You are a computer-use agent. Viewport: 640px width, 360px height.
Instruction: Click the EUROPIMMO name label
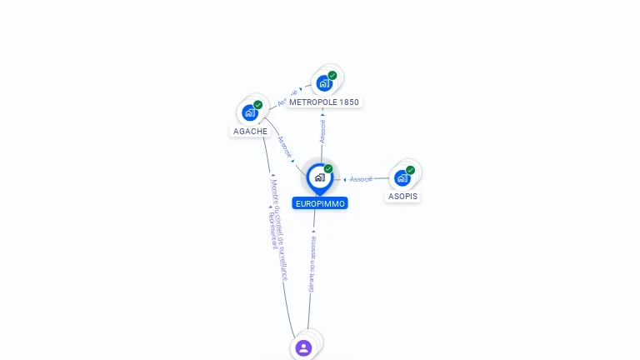[x=320, y=203]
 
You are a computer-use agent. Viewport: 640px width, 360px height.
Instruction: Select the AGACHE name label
[x=250, y=132]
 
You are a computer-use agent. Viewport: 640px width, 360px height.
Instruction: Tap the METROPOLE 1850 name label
[x=324, y=102]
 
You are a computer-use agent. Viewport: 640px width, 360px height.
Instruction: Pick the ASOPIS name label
[x=402, y=197]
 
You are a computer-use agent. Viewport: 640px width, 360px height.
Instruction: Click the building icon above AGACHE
[x=249, y=112]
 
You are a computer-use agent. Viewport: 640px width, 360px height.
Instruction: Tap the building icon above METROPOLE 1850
[x=323, y=82]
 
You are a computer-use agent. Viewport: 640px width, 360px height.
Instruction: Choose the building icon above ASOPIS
[x=402, y=177]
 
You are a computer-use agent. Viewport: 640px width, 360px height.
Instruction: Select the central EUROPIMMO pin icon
[x=319, y=177]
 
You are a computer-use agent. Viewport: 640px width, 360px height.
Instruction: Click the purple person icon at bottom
[x=303, y=347]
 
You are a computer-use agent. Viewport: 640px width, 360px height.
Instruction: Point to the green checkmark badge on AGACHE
[x=258, y=105]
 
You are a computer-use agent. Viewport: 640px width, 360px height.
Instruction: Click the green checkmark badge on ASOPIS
[x=410, y=170]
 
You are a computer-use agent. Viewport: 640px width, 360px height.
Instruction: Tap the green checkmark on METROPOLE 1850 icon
[x=332, y=76]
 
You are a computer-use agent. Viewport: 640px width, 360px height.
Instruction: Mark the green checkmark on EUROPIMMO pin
[x=328, y=169]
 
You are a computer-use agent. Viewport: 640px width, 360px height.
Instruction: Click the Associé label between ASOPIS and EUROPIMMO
[x=361, y=179]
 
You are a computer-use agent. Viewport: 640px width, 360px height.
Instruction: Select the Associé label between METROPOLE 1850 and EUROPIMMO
[x=322, y=131]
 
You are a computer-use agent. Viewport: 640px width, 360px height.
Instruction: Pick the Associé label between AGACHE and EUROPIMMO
[x=284, y=147]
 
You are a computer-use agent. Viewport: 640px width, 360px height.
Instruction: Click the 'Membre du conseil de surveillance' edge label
[x=278, y=229]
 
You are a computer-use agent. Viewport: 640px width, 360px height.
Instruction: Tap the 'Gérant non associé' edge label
[x=312, y=263]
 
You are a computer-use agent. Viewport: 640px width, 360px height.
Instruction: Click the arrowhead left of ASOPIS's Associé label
[x=345, y=179]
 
